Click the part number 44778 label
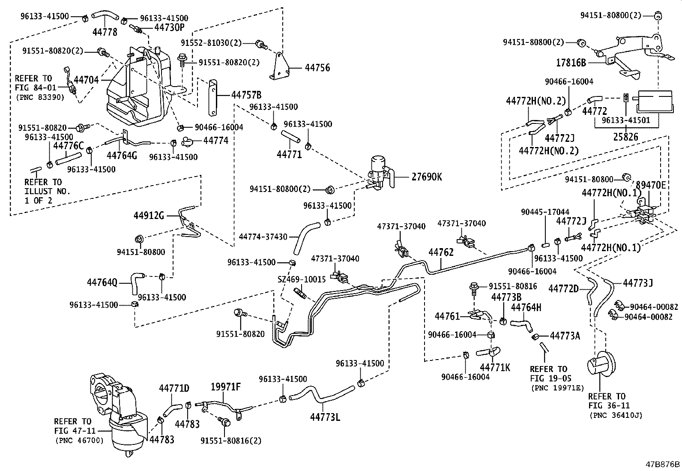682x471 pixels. [105, 32]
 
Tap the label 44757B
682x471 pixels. [246, 95]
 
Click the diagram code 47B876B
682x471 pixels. [663, 465]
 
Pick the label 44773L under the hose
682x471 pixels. [325, 416]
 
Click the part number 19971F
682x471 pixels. [226, 387]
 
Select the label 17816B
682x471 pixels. [571, 63]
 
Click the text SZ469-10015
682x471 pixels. [302, 279]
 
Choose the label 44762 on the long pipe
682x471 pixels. [441, 252]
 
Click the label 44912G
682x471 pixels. [149, 215]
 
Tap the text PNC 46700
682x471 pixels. [79, 440]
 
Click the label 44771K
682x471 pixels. [495, 367]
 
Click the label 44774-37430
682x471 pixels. [263, 237]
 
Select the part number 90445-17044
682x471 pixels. [545, 212]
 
